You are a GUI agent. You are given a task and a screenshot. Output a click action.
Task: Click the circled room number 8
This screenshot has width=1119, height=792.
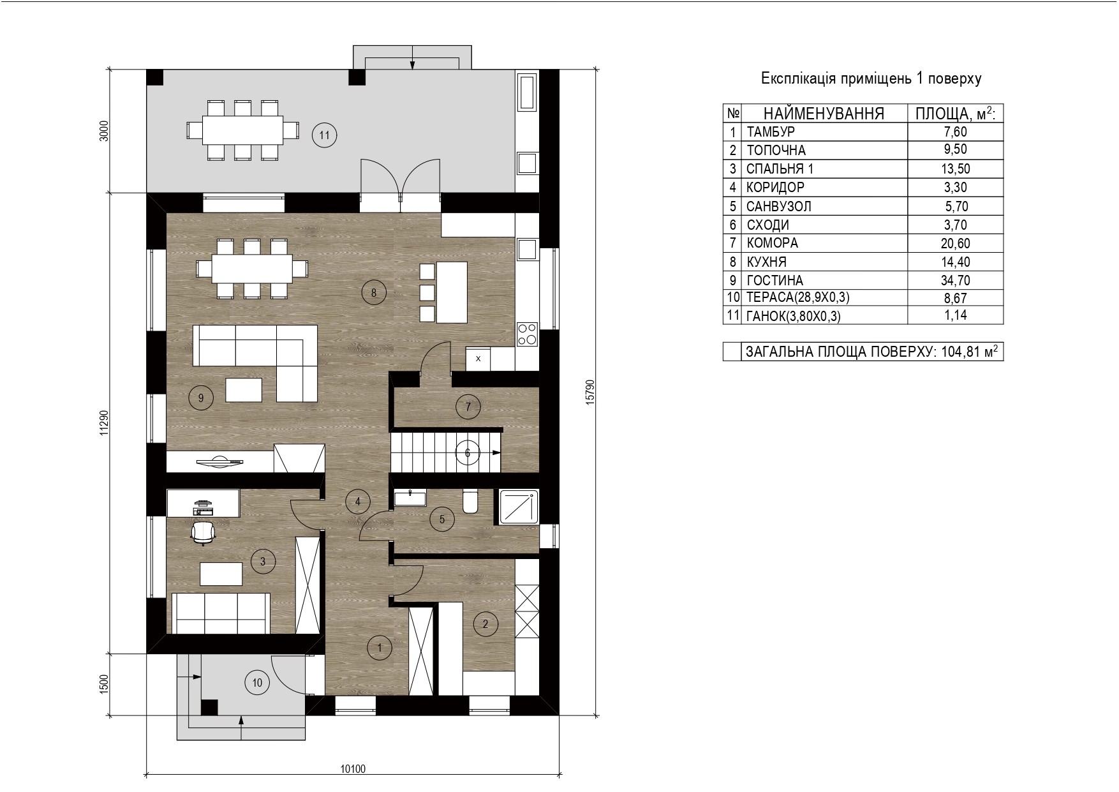(374, 293)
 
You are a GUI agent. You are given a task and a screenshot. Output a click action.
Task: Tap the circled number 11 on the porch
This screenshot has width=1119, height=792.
(324, 135)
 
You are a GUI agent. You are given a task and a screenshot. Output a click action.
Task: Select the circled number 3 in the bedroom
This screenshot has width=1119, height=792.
(263, 562)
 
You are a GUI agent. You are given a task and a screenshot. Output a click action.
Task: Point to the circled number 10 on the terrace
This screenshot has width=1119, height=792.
(257, 682)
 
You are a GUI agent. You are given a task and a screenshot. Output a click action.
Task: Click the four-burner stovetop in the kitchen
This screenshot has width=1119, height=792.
(527, 334)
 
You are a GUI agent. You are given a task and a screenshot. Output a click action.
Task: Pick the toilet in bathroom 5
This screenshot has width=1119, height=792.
(470, 502)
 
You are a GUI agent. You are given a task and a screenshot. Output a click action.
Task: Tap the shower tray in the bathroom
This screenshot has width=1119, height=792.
(518, 507)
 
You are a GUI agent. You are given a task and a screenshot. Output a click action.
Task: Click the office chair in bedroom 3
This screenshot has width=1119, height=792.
(203, 533)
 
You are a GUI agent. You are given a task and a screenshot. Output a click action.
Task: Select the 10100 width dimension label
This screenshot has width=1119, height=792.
(353, 769)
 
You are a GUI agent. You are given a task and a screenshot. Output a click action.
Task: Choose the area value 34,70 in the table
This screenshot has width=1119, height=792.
(956, 280)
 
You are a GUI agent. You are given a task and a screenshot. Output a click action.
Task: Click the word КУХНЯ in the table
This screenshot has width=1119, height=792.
(766, 262)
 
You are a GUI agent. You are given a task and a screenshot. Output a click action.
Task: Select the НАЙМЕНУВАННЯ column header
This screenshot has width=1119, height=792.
(824, 114)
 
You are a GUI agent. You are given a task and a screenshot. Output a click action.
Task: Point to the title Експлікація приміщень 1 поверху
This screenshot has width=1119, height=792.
(871, 78)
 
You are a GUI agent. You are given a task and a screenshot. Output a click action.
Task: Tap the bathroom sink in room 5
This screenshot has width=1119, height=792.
(410, 498)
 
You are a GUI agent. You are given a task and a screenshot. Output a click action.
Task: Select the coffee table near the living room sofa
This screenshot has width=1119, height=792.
(244, 389)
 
